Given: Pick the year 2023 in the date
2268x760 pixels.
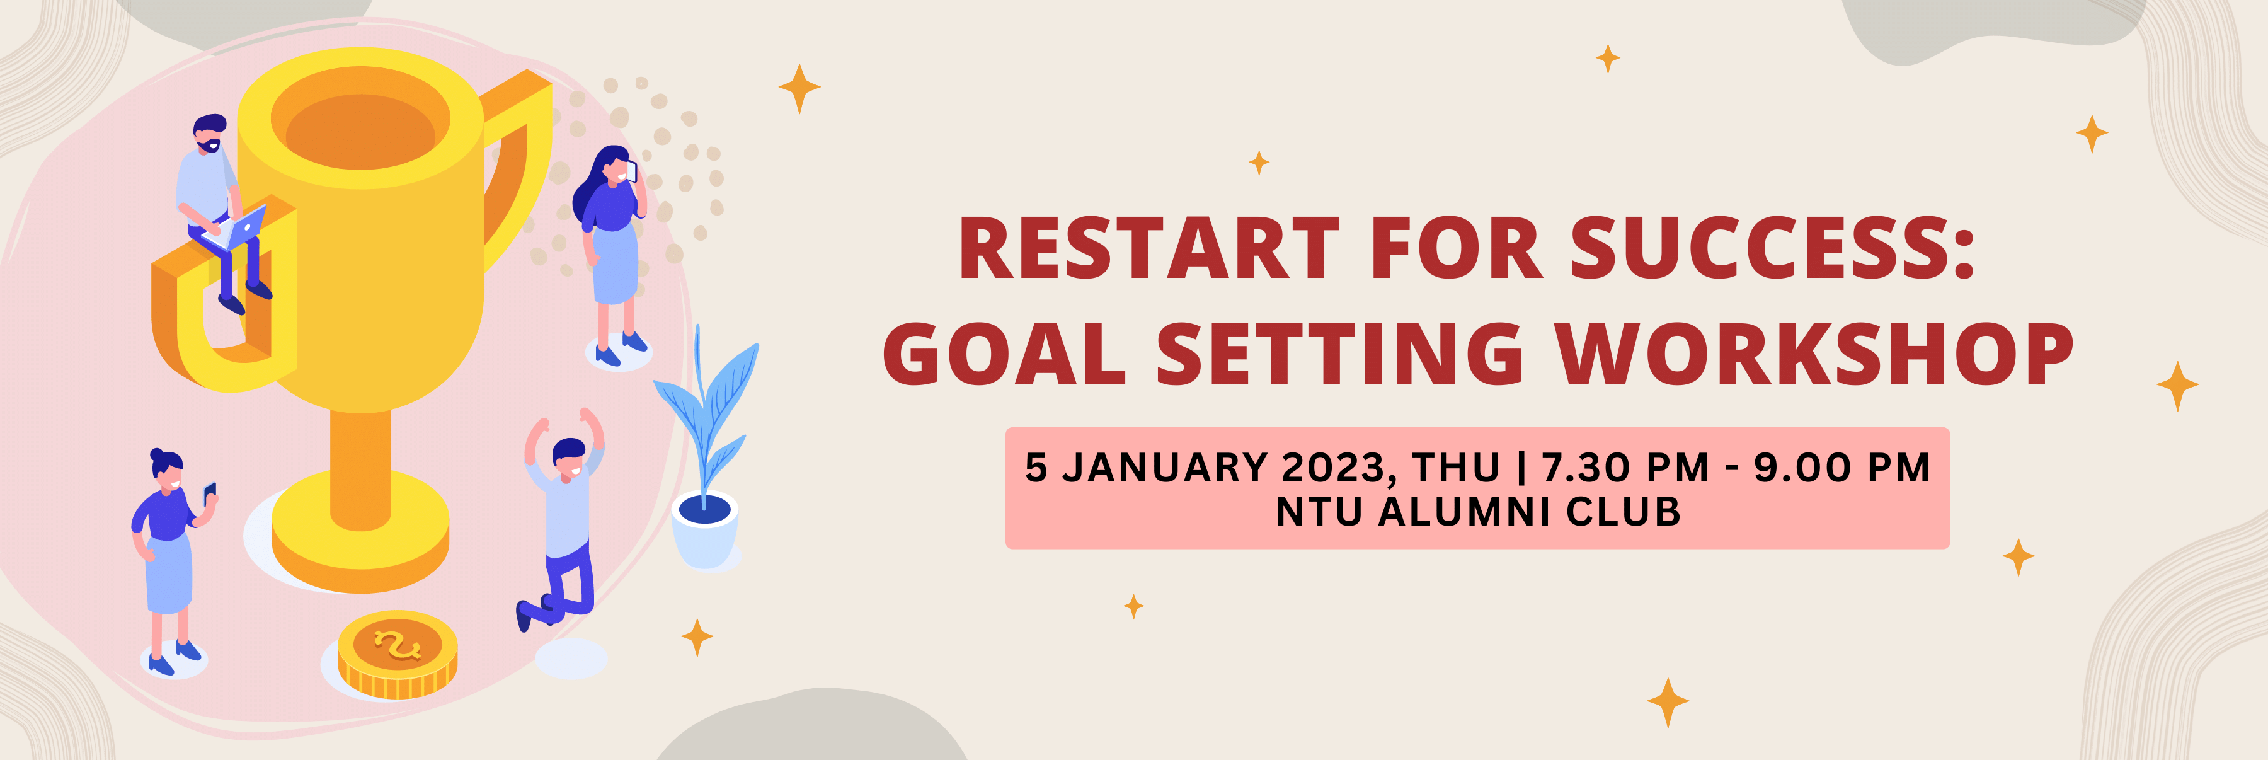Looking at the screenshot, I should (1338, 468).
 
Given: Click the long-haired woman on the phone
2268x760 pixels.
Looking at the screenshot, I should (611, 246).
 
